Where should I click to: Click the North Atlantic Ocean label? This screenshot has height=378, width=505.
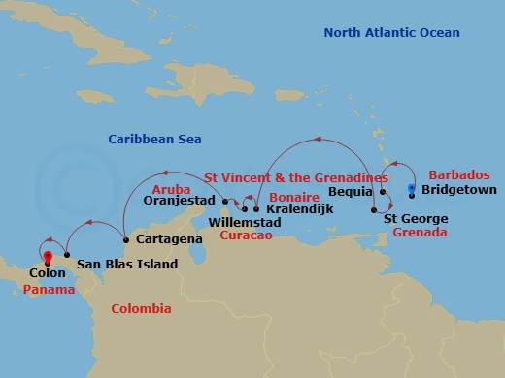(x=390, y=34)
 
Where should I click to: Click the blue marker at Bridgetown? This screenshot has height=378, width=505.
(x=412, y=188)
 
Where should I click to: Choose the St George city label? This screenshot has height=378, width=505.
(x=415, y=218)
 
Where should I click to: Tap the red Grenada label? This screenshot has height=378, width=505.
(x=415, y=234)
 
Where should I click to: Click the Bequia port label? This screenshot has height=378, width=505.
(x=353, y=193)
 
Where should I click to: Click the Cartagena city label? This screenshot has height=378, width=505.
(x=168, y=238)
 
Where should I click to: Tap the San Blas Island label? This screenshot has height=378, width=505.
(x=126, y=264)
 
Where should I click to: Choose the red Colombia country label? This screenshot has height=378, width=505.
(x=141, y=309)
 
